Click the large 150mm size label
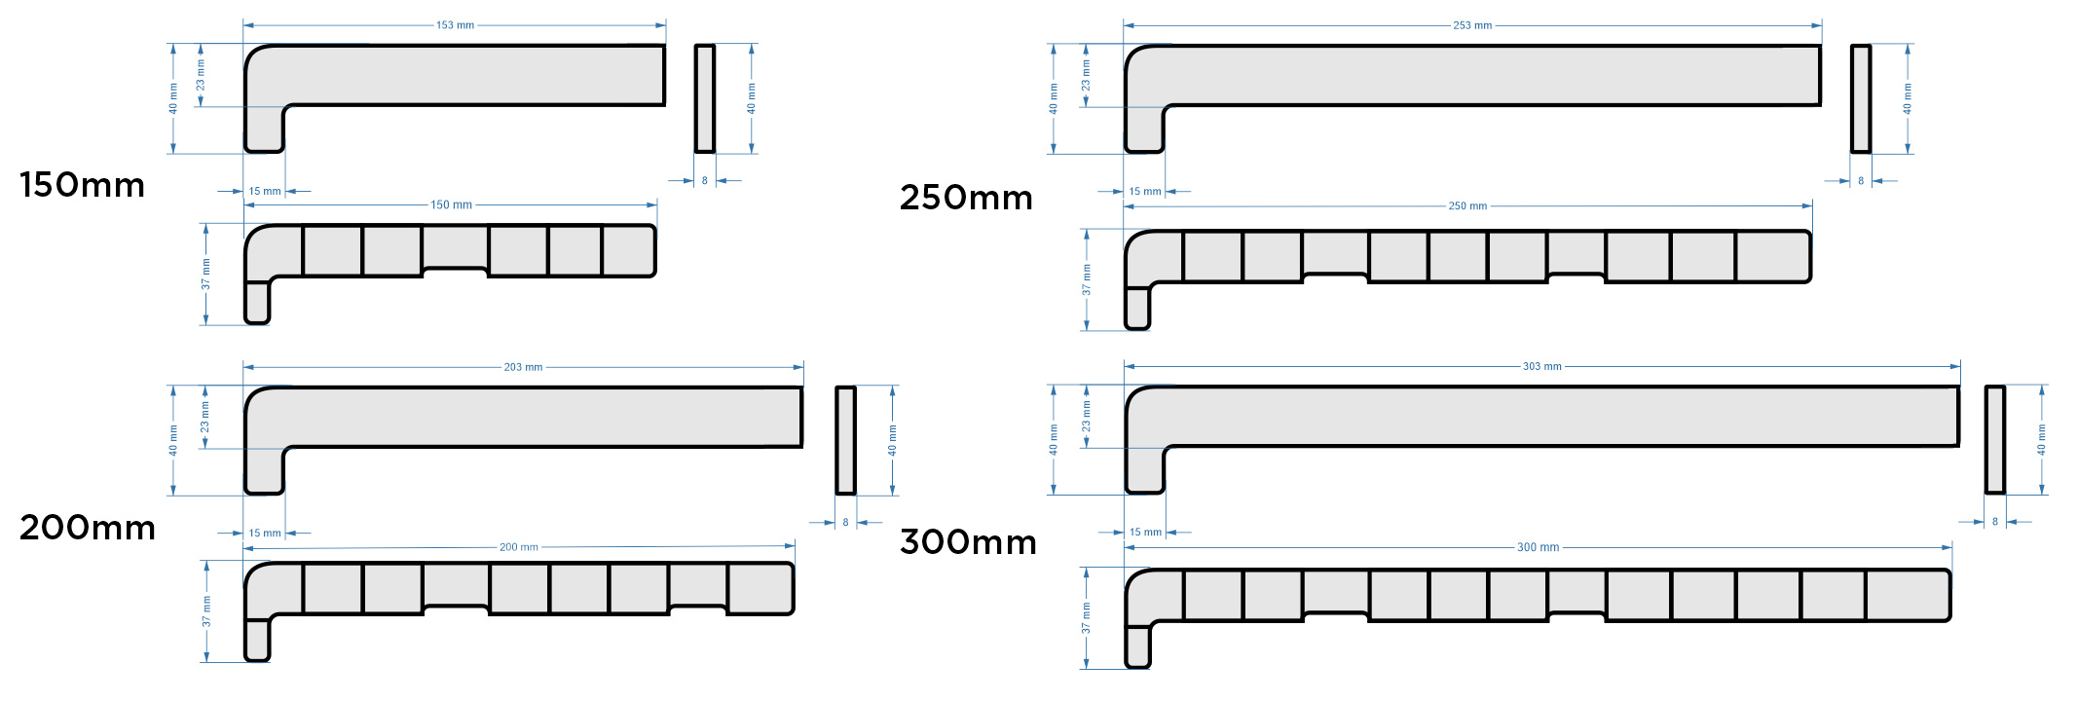tap(82, 185)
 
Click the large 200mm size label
tap(88, 528)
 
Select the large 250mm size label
tap(966, 198)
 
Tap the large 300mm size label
tap(968, 541)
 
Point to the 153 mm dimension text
tap(455, 25)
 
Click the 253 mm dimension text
tap(1472, 25)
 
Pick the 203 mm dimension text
tap(523, 367)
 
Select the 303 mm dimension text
tap(1541, 366)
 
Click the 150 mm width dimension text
tap(451, 205)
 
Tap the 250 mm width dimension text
tap(1467, 206)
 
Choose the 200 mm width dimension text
tap(518, 547)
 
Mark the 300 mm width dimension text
tap(1538, 547)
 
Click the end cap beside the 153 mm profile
tap(704, 98)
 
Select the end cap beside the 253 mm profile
tap(1860, 98)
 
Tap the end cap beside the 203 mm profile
tap(845, 440)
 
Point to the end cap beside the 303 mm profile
tap(1994, 440)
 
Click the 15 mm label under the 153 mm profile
tap(264, 192)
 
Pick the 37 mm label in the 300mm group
tap(1087, 618)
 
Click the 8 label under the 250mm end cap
tap(1861, 181)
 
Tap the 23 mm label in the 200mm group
tap(204, 418)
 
